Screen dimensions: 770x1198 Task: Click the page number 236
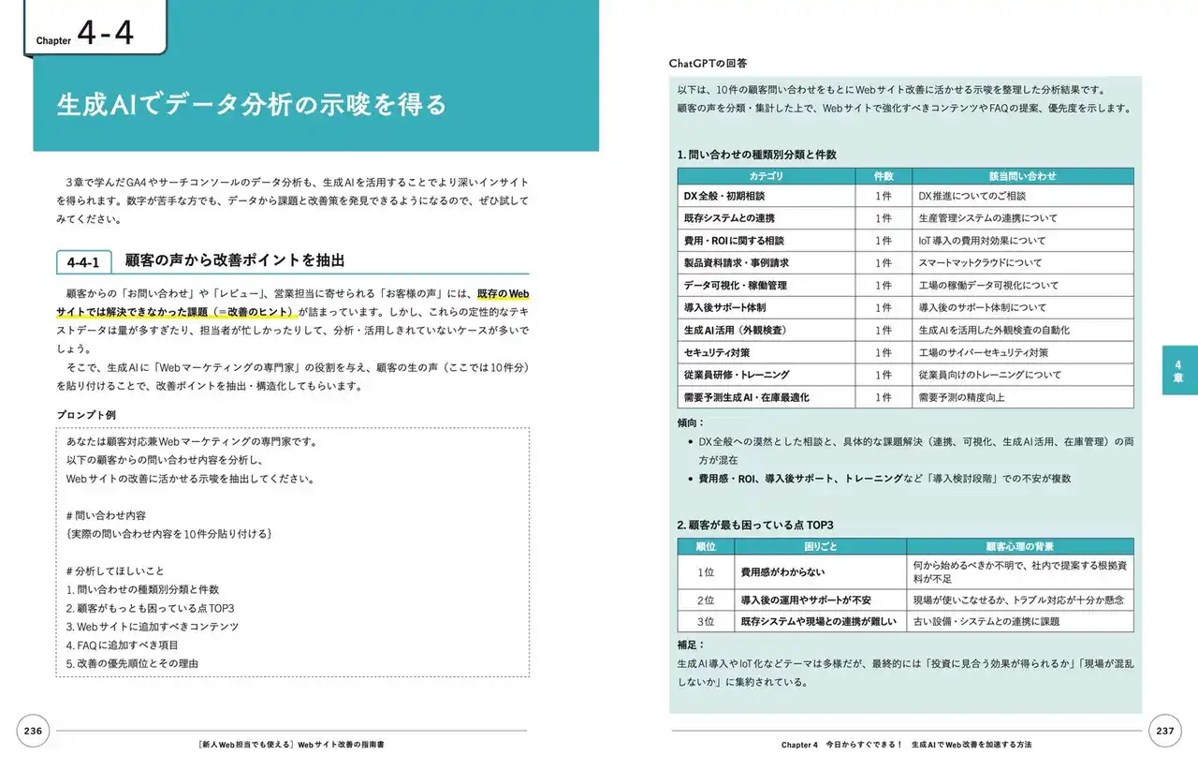[x=34, y=731]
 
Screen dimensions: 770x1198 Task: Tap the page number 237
[x=1165, y=731]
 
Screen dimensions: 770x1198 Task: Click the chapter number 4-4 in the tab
[x=106, y=35]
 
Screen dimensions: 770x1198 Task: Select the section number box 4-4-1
[x=84, y=262]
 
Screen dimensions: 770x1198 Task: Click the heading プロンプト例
[x=87, y=415]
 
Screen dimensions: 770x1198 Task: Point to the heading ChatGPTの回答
[x=708, y=63]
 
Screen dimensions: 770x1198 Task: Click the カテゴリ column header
[x=766, y=176]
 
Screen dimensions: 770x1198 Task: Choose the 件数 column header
[x=884, y=176]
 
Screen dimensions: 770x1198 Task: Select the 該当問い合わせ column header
[x=1022, y=176]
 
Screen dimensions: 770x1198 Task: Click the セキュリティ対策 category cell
[x=718, y=352]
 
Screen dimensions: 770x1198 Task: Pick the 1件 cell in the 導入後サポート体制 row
[x=884, y=307]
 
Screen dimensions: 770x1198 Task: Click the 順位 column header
[x=706, y=546]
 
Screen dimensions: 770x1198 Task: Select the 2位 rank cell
[x=706, y=600]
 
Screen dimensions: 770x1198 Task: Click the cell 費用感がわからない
[x=782, y=571]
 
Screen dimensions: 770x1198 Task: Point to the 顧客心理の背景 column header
[x=1019, y=546]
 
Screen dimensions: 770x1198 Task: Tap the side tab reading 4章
[x=1179, y=370]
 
